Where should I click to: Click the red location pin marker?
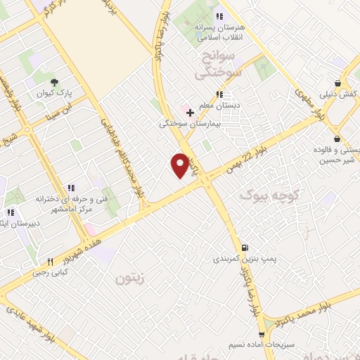click(180, 165)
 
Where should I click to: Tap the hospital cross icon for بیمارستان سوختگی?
click(190, 112)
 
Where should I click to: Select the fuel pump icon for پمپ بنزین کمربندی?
click(244, 247)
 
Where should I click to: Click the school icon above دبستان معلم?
click(219, 94)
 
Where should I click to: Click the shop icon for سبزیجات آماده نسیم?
click(262, 335)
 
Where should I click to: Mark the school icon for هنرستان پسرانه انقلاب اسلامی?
click(219, 16)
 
